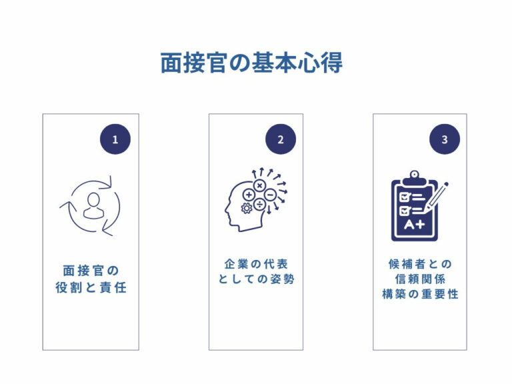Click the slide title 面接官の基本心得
251,63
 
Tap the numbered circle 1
115,139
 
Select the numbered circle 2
280,139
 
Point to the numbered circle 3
445,139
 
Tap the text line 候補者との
420,263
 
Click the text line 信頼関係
420,279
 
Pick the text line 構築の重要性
420,294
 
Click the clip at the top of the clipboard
414,175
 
